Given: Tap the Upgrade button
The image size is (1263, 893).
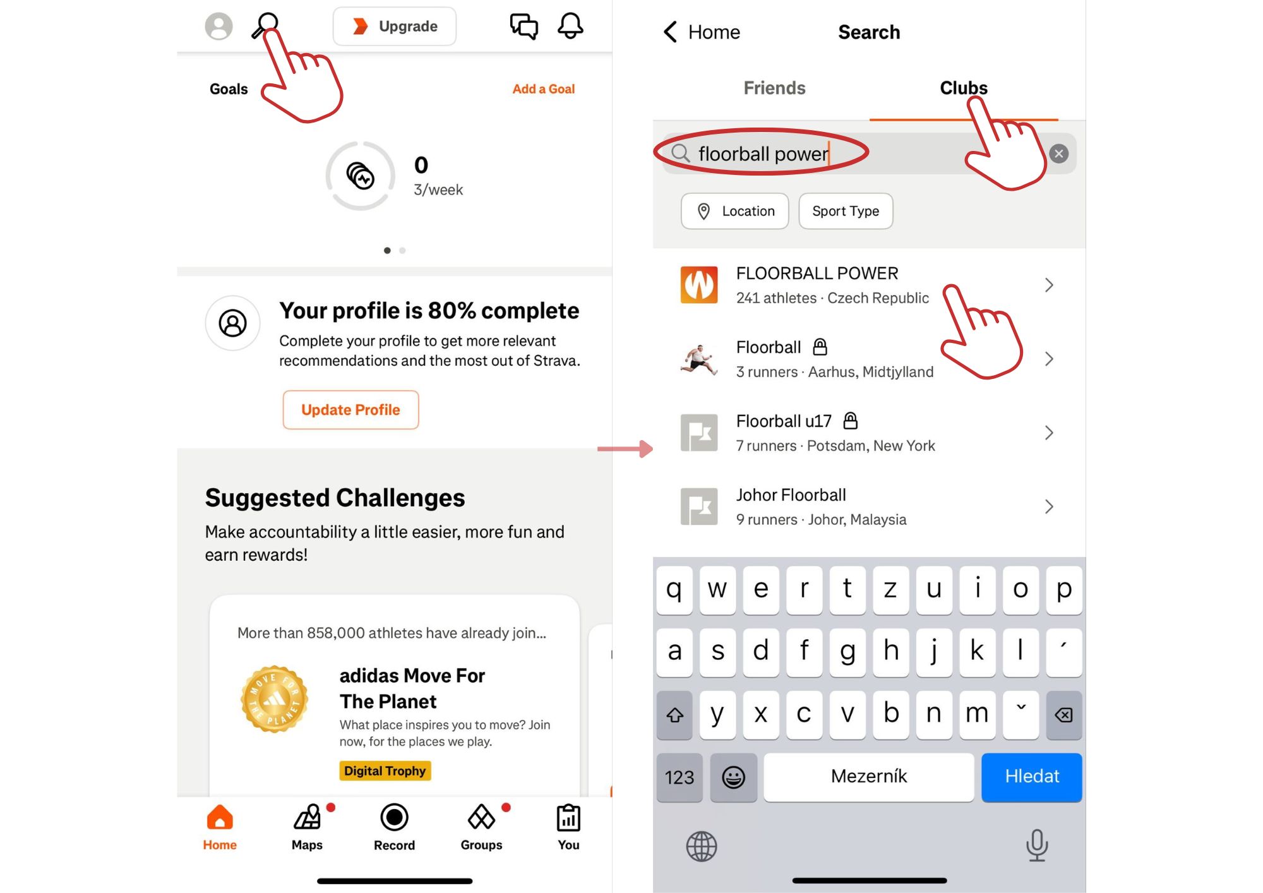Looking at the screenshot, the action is click(395, 27).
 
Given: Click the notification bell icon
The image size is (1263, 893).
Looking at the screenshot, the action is click(570, 26).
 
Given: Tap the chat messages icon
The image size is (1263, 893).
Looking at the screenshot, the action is click(524, 27).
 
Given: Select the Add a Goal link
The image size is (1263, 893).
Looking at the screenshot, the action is click(544, 89).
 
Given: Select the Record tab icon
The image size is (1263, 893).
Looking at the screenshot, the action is click(394, 817).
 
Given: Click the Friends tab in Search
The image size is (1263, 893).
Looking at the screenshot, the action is click(774, 88).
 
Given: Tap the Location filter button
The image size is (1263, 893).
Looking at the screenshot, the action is click(735, 211).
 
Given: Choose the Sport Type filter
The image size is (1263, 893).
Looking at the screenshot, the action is click(846, 211).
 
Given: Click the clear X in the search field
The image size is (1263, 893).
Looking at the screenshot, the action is click(1059, 153).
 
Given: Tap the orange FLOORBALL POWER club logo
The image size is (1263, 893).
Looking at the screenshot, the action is click(699, 285).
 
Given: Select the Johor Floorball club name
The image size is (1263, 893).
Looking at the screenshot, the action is click(791, 495).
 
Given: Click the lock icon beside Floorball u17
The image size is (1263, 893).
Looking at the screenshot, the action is click(851, 420).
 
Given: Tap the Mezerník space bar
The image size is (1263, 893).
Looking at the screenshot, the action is click(869, 777).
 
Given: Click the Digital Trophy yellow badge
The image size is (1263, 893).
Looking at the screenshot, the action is click(385, 770).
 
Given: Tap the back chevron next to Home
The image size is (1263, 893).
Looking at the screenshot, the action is click(671, 32).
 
